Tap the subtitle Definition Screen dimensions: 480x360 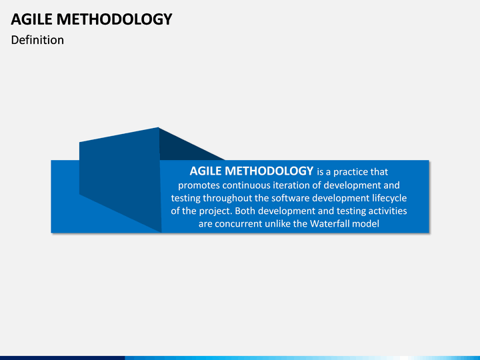37,40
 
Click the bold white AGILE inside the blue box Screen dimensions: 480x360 205,171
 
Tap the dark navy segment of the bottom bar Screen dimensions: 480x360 63,358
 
